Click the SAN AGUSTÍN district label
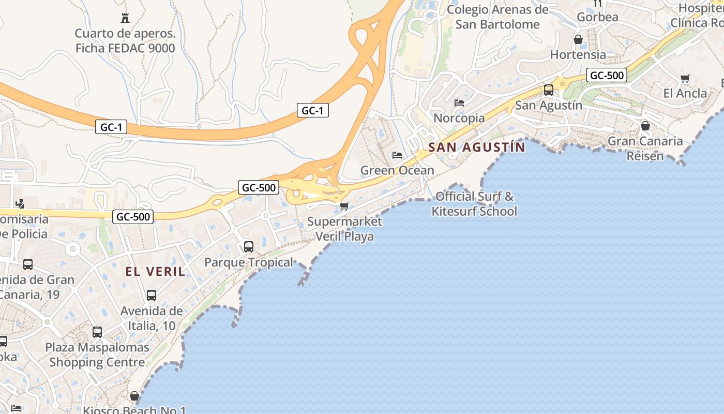pyautogui.click(x=476, y=147)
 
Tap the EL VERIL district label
pyautogui.click(x=155, y=272)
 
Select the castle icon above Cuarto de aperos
pyautogui.click(x=125, y=18)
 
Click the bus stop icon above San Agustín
pyautogui.click(x=549, y=90)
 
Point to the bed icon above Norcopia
pyautogui.click(x=459, y=103)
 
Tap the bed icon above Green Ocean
pyautogui.click(x=397, y=155)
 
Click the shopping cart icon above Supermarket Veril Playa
pyautogui.click(x=344, y=206)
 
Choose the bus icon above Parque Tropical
pyautogui.click(x=249, y=247)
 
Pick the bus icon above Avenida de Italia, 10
pyautogui.click(x=152, y=295)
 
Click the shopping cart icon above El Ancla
pyautogui.click(x=685, y=79)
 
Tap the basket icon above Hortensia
pyautogui.click(x=578, y=39)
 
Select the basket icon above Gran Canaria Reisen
pyautogui.click(x=645, y=126)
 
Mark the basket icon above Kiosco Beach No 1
pyautogui.click(x=134, y=396)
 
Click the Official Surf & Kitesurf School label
pyautogui.click(x=474, y=204)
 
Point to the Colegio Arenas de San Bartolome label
pyautogui.click(x=497, y=17)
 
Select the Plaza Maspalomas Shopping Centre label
pyautogui.click(x=97, y=354)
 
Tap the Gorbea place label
pyautogui.click(x=597, y=17)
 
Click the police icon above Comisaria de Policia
pyautogui.click(x=20, y=203)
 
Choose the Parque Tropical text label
pyautogui.click(x=249, y=262)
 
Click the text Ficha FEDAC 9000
pyautogui.click(x=125, y=49)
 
